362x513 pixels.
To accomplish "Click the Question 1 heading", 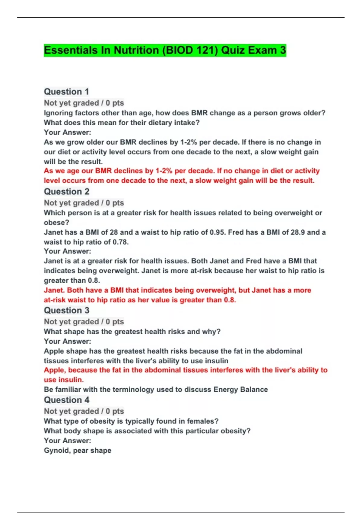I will tap(66, 92).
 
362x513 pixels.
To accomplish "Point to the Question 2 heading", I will tap(67, 192).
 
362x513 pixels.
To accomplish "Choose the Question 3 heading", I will tap(67, 311).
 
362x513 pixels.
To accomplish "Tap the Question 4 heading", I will tap(67, 400).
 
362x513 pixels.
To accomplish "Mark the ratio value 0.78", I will tap(120, 242).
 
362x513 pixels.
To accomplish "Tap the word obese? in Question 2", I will tap(56, 223).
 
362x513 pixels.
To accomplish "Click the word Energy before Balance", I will tap(226, 390).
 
